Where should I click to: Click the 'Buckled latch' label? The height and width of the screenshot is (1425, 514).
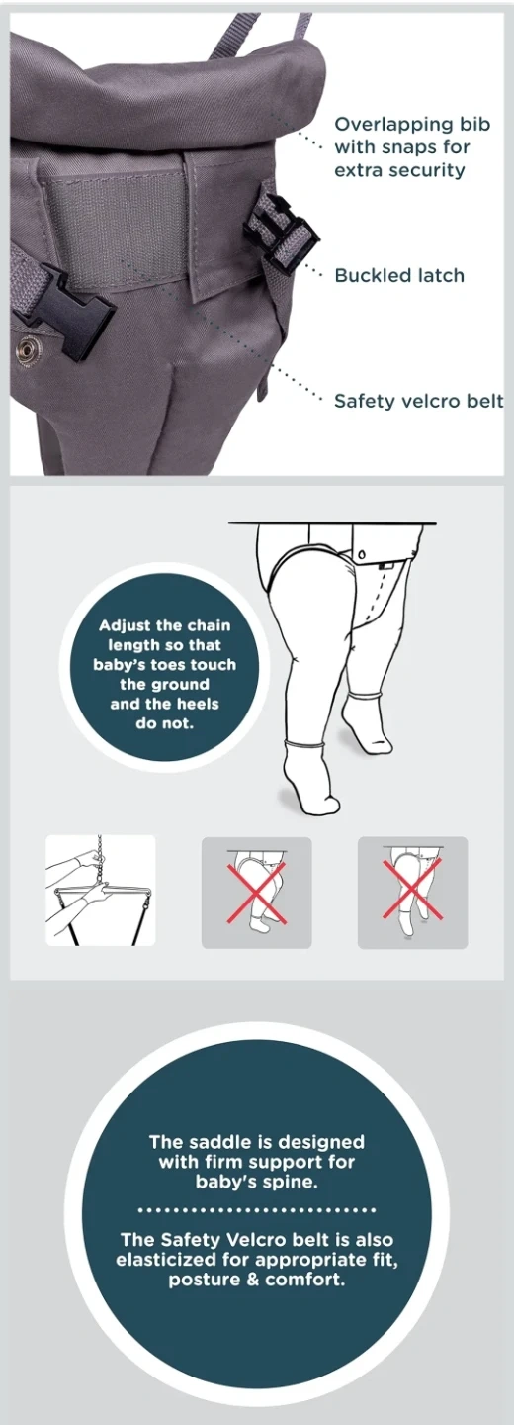click(x=399, y=275)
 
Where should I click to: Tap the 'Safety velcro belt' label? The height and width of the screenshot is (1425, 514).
click(x=419, y=401)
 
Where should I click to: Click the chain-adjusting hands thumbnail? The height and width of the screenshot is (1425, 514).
click(x=101, y=890)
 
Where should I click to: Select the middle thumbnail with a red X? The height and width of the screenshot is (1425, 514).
click(x=257, y=893)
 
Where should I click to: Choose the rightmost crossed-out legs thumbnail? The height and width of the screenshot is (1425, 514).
click(x=413, y=893)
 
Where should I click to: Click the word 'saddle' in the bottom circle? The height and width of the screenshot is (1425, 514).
click(x=221, y=1141)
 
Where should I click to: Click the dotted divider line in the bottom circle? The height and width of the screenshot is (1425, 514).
click(x=257, y=1210)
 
